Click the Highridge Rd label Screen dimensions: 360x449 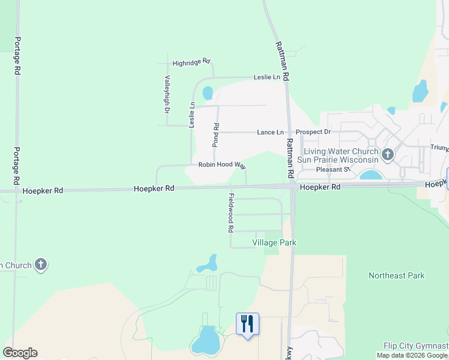click(191, 62)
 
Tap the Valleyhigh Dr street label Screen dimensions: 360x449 click(167, 95)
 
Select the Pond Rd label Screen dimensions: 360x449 click(216, 135)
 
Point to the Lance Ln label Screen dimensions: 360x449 click(270, 132)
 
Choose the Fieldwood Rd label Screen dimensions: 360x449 click(231, 213)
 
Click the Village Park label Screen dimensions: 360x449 click(274, 242)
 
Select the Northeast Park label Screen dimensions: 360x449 click(396, 275)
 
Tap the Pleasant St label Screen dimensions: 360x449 click(333, 170)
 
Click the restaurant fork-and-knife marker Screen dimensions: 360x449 click(247, 324)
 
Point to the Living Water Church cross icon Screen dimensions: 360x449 click(388, 155)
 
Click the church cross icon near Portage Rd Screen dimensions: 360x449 click(41, 265)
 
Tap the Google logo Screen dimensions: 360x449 click(20, 353)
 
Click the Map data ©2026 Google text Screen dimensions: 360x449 click(412, 355)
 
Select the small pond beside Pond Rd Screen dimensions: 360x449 click(208, 94)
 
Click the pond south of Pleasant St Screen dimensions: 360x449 click(372, 175)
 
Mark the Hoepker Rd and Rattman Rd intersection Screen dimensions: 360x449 click(292, 187)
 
